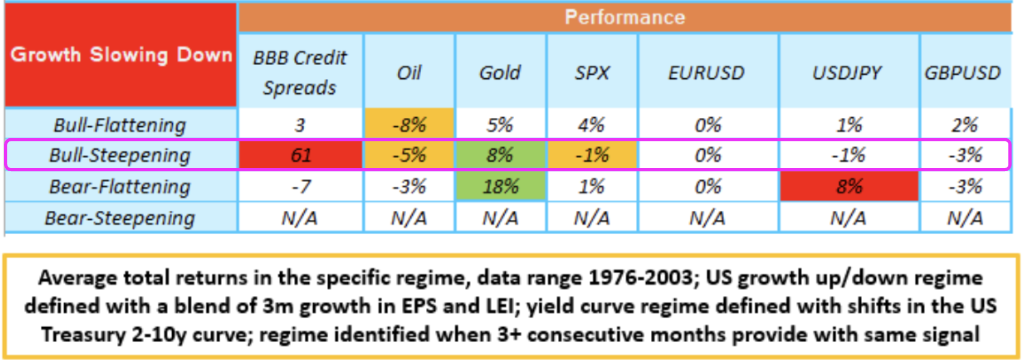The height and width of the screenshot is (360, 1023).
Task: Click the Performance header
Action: point(625,17)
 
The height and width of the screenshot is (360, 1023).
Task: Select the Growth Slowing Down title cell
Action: point(121,55)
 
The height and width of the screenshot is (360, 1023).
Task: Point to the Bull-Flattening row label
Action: point(121,125)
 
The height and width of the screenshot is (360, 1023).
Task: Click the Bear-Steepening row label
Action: point(121,218)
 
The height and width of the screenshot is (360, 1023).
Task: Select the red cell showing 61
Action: point(300,155)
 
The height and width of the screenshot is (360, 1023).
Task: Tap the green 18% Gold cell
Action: point(500,186)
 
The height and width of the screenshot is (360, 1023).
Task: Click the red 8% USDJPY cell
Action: point(849,186)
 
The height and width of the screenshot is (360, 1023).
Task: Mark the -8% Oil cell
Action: point(409,125)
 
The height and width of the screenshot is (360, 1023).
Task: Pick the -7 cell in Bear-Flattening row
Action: point(300,186)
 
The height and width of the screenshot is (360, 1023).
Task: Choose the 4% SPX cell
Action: point(592,125)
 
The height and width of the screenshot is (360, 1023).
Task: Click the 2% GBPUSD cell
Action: point(965,125)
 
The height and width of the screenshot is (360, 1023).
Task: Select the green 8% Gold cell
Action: point(500,155)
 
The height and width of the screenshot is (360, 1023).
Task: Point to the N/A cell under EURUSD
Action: point(708,218)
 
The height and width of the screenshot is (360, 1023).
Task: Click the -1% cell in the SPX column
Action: point(592,155)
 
